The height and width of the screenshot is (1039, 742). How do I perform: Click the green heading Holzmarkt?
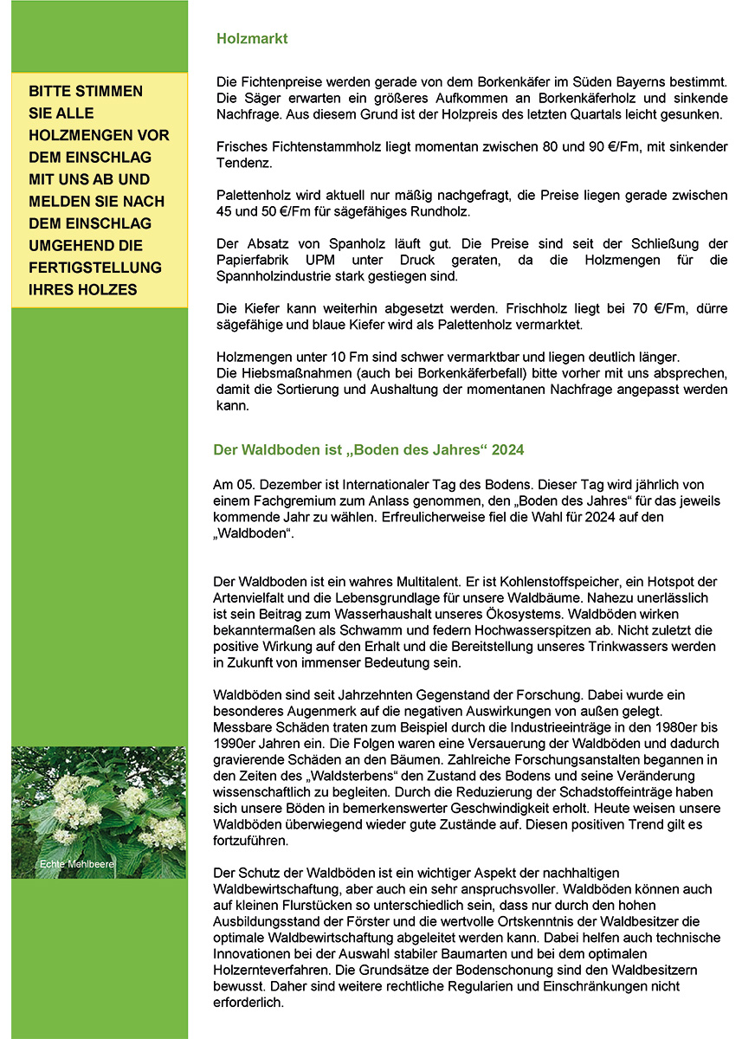(x=252, y=39)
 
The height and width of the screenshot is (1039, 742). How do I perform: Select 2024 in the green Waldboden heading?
(x=508, y=450)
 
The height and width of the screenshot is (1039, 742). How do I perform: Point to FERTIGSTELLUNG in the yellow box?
(x=95, y=267)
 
